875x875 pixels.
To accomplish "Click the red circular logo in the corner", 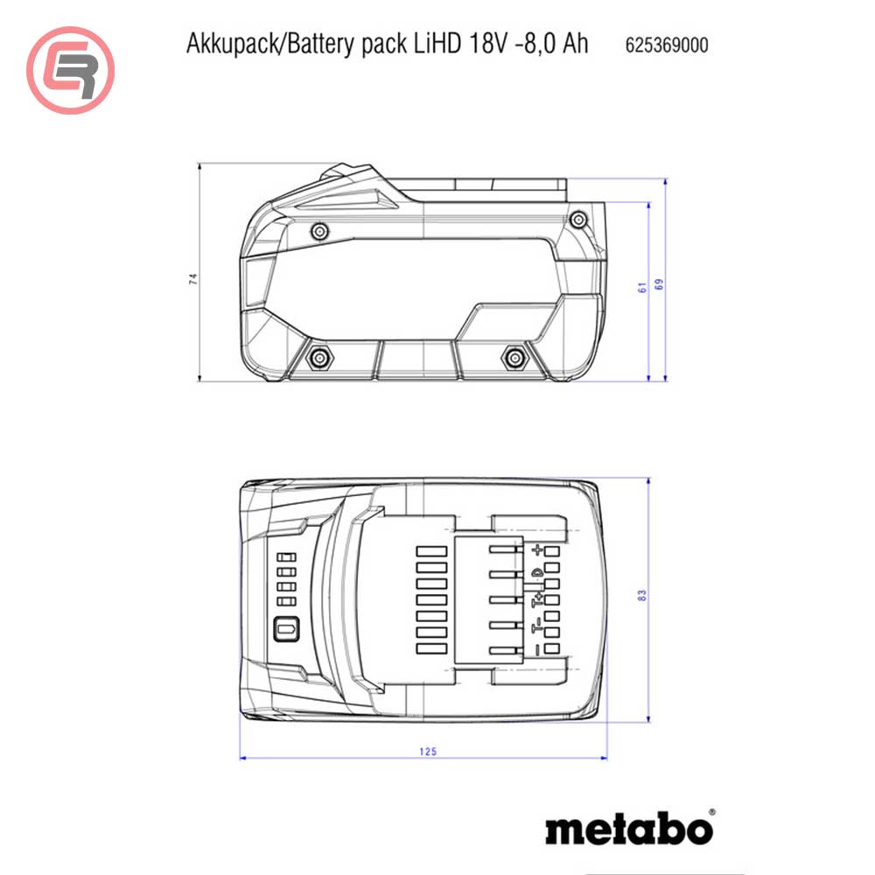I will pyautogui.click(x=71, y=71).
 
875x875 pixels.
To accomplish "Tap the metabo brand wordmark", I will pyautogui.click(x=629, y=828).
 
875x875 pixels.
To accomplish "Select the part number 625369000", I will pyautogui.click(x=667, y=45).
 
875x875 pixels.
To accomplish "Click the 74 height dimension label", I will pyautogui.click(x=194, y=279).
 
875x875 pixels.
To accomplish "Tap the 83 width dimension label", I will pyautogui.click(x=642, y=595).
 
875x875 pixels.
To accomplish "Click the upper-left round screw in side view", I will pyautogui.click(x=320, y=231).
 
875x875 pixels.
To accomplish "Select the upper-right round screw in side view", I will pyautogui.click(x=577, y=218).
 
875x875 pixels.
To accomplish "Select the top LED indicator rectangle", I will pyautogui.click(x=283, y=557).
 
